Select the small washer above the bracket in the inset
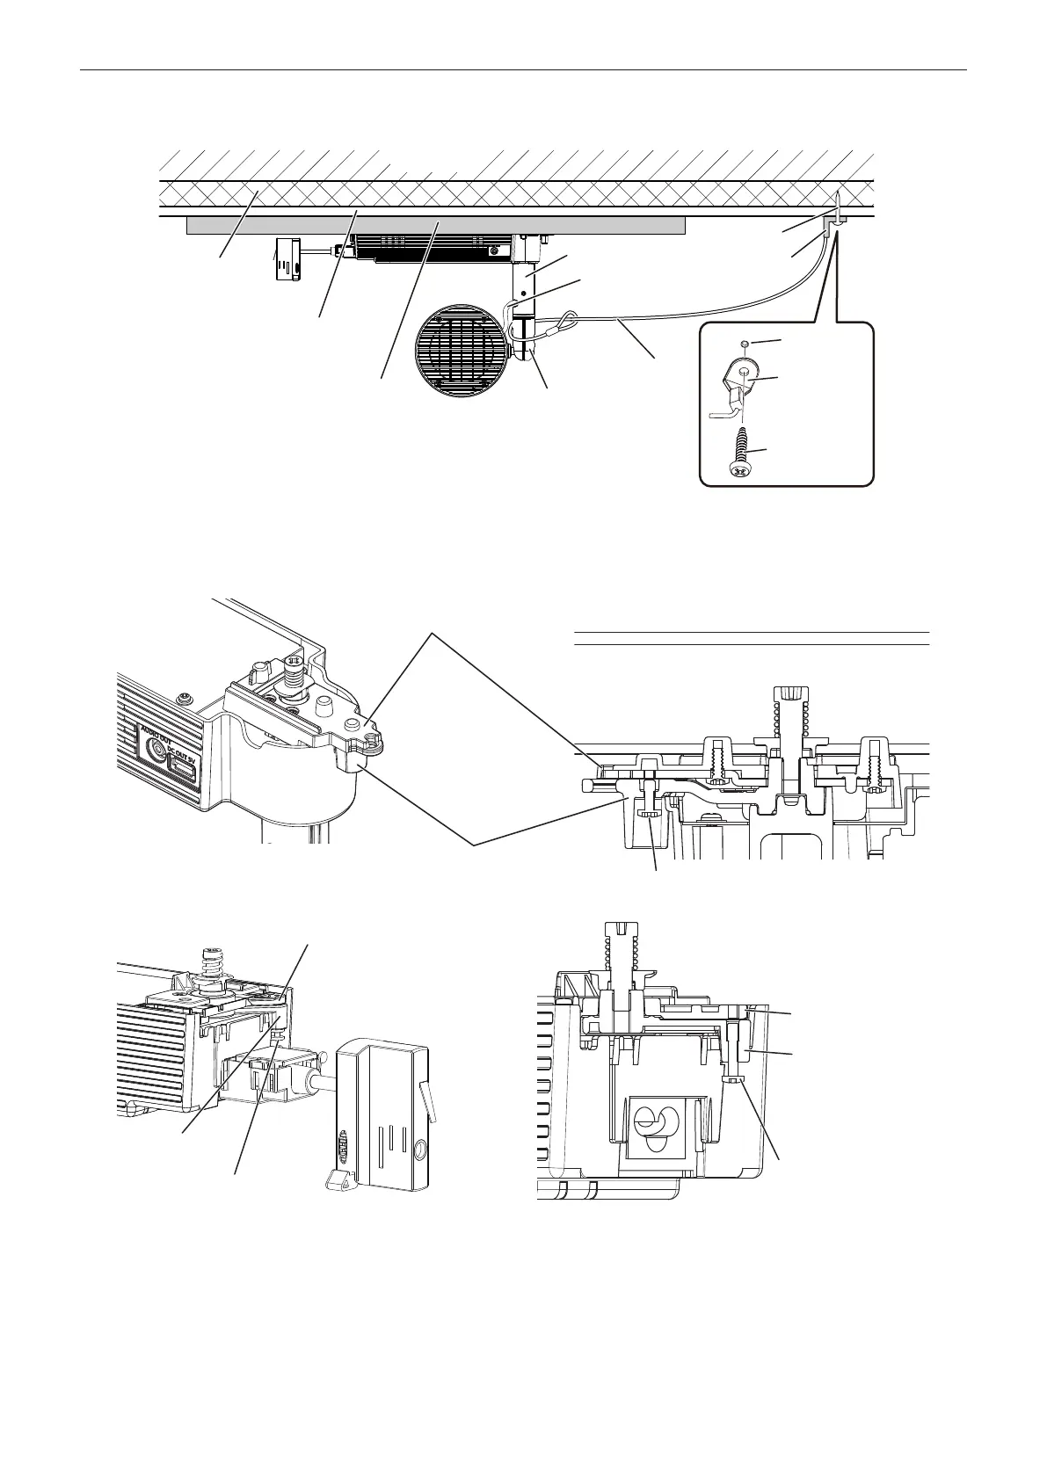(x=745, y=344)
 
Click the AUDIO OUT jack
(x=159, y=750)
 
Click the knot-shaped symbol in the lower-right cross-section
(x=657, y=1128)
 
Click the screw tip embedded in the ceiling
(x=836, y=204)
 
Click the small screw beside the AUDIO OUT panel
(x=183, y=698)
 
